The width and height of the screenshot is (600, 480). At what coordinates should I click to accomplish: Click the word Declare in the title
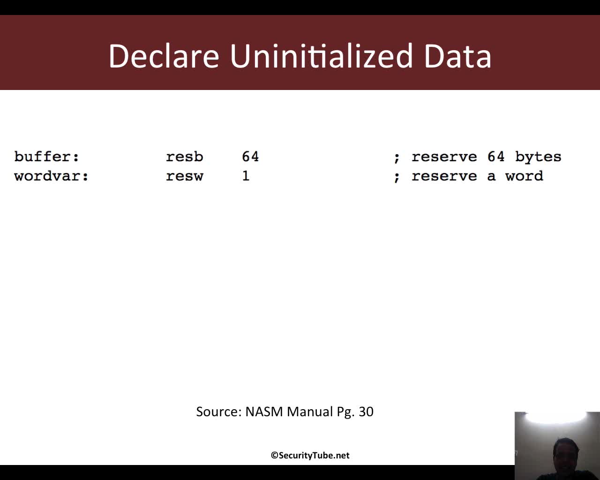tap(164, 56)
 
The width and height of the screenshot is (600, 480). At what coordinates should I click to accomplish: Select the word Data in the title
tap(457, 56)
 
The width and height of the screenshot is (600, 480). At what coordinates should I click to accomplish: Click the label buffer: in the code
tap(46, 157)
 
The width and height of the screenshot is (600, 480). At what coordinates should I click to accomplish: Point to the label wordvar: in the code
tap(51, 176)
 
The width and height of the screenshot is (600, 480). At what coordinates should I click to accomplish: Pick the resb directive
tap(184, 157)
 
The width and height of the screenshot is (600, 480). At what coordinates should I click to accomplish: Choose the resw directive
tap(184, 176)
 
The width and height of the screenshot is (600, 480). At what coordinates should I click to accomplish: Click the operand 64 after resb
tap(250, 157)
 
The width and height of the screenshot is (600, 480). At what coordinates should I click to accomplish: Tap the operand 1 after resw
tap(246, 176)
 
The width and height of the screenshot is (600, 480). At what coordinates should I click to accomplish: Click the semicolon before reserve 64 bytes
tap(397, 158)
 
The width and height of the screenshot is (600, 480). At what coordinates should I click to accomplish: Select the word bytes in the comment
tap(538, 157)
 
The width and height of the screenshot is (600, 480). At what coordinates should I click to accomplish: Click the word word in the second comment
tap(524, 176)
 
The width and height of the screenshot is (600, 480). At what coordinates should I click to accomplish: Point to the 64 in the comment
tap(496, 157)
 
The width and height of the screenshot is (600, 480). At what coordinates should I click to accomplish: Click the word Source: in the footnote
tap(219, 412)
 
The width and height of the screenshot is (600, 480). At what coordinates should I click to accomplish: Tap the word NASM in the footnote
tap(264, 412)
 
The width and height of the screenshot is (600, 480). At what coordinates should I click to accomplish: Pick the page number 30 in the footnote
tap(366, 412)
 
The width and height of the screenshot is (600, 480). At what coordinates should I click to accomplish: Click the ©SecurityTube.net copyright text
tap(310, 456)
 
